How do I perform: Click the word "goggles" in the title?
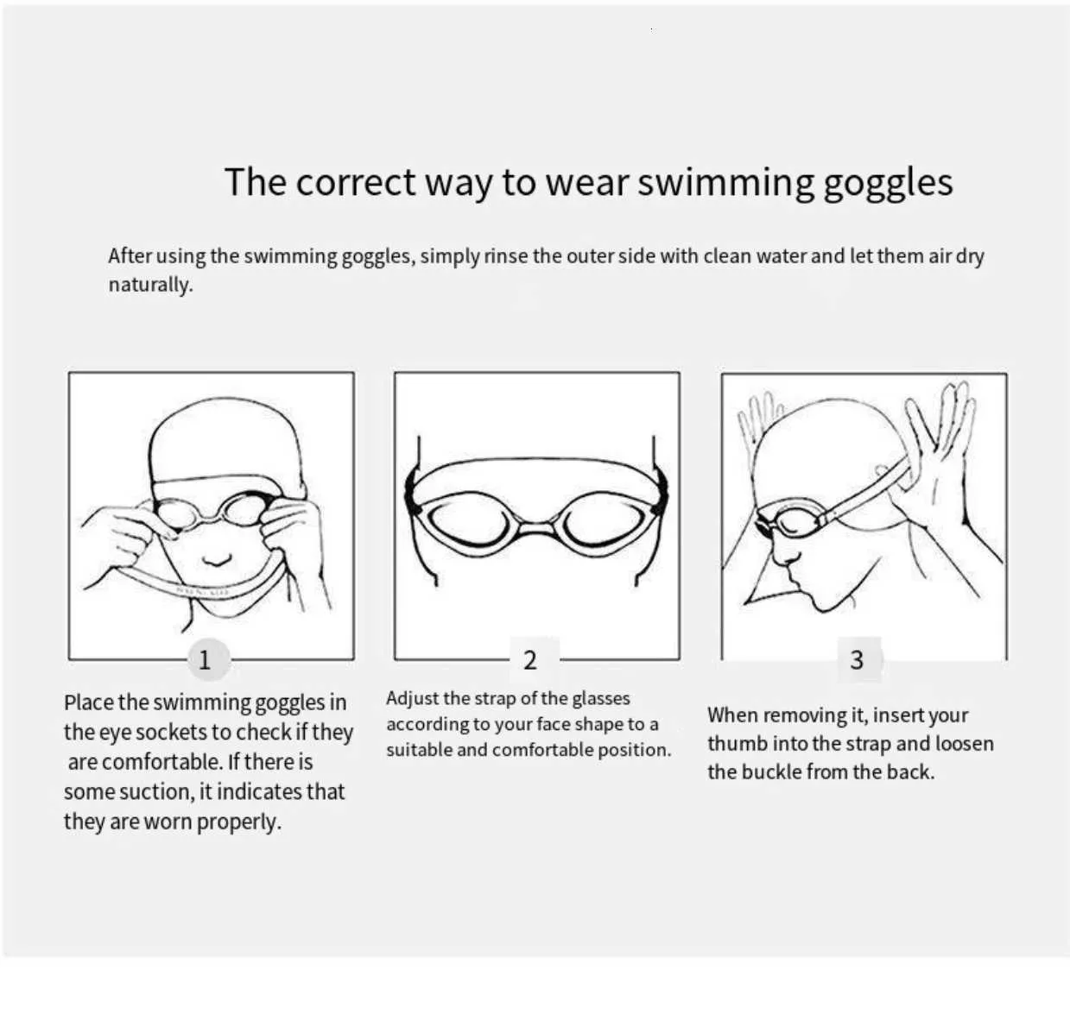pos(888,183)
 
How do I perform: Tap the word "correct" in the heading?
pos(356,183)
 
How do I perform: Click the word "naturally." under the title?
pos(151,285)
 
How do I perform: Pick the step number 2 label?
pos(530,660)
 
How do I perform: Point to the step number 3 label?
pos(858,660)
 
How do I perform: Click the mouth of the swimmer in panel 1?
pos(217,559)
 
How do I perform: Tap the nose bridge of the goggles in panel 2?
pos(536,528)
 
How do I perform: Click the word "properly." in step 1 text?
pos(239,822)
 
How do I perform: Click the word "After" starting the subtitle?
pos(130,255)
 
